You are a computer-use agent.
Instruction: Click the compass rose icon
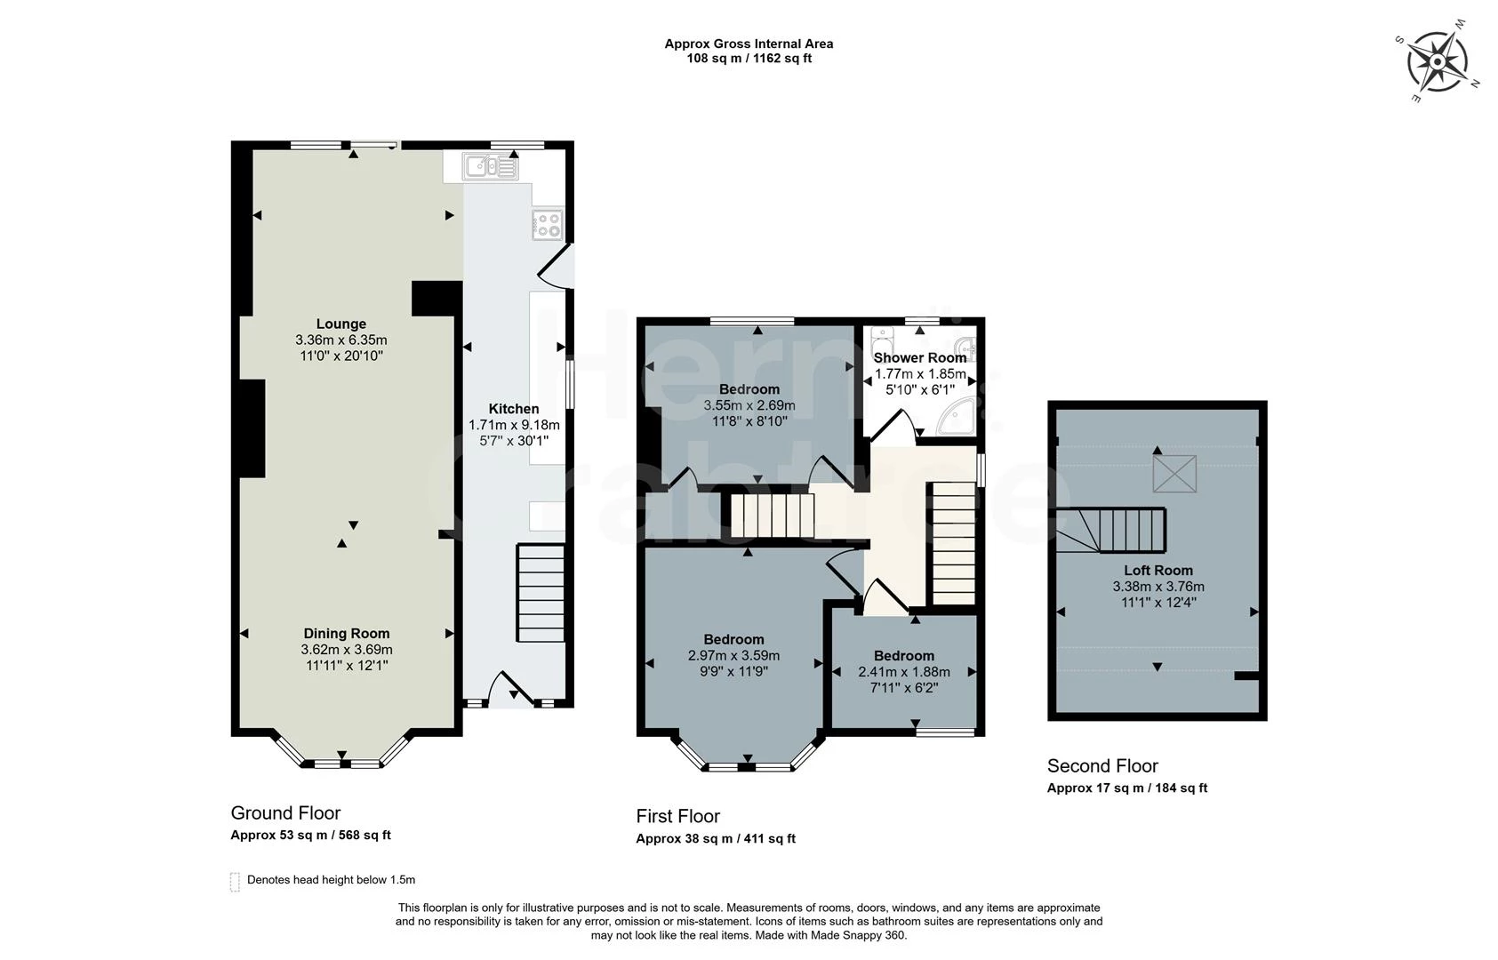point(1437,61)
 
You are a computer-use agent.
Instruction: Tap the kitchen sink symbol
point(490,166)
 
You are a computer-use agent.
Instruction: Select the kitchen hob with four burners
point(547,225)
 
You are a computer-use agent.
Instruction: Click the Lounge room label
point(340,324)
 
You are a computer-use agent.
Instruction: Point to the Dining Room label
point(347,634)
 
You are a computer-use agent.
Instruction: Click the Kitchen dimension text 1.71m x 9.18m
point(514,425)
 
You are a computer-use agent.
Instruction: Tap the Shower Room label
point(919,357)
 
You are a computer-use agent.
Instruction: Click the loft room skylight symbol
point(1174,474)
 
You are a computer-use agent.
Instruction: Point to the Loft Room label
point(1158,571)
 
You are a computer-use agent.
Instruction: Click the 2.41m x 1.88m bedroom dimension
point(903,672)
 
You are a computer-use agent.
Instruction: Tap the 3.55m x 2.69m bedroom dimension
point(749,405)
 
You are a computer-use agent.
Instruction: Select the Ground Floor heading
point(285,813)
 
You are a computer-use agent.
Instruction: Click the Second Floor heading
point(1102,766)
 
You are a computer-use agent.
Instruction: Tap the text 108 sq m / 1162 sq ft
point(749,59)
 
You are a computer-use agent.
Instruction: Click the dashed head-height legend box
point(235,881)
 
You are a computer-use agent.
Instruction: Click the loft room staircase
point(1120,530)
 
